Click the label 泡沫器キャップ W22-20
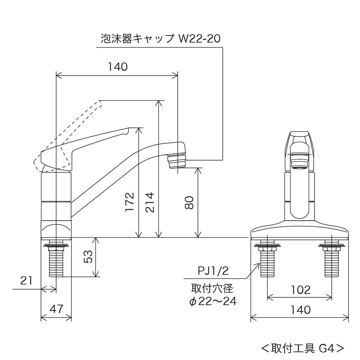(x=160, y=39)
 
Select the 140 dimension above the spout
(x=118, y=67)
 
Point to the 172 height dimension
(x=130, y=202)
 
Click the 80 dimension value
(x=189, y=202)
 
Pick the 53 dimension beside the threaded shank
(x=89, y=257)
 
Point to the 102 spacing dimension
(x=300, y=289)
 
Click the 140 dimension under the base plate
(x=300, y=309)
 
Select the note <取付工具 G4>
(x=303, y=347)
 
